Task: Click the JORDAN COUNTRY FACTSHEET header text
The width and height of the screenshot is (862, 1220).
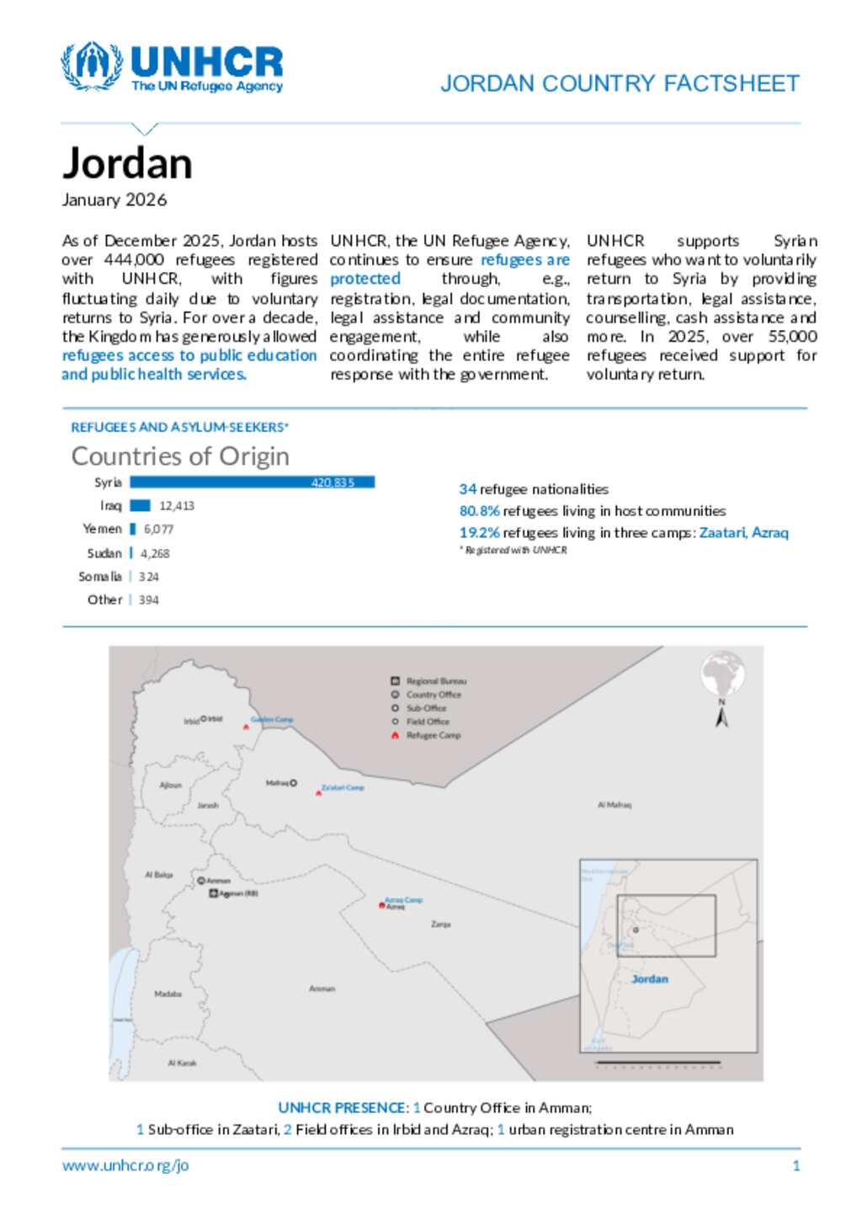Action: coord(620,83)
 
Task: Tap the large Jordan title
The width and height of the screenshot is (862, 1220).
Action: coord(127,163)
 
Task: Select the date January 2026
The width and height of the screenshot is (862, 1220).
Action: coord(114,200)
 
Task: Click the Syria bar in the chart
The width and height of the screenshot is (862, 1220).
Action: coord(252,482)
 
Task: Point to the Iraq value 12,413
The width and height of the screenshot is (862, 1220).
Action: coord(177,506)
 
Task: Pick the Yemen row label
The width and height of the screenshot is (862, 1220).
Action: coord(102,529)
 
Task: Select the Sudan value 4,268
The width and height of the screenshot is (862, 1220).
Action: coord(155,553)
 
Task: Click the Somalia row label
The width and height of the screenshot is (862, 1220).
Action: coord(99,577)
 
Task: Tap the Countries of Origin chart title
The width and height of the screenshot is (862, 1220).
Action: coord(180,456)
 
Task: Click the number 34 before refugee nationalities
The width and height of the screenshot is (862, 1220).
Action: coord(467,489)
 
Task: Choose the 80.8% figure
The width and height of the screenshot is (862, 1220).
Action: coord(479,511)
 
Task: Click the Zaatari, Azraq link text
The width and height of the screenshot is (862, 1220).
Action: coord(743,533)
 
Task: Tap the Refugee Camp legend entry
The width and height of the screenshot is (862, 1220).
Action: coord(433,735)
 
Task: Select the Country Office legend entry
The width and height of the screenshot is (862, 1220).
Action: coord(433,695)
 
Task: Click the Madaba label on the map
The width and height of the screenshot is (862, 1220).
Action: coord(168,994)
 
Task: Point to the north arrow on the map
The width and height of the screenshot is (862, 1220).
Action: coord(721,715)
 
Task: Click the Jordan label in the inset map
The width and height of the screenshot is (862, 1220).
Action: coord(649,979)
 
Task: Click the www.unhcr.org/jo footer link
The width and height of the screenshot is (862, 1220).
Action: coord(125,1165)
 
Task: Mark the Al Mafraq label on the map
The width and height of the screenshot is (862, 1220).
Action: coord(615,805)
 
